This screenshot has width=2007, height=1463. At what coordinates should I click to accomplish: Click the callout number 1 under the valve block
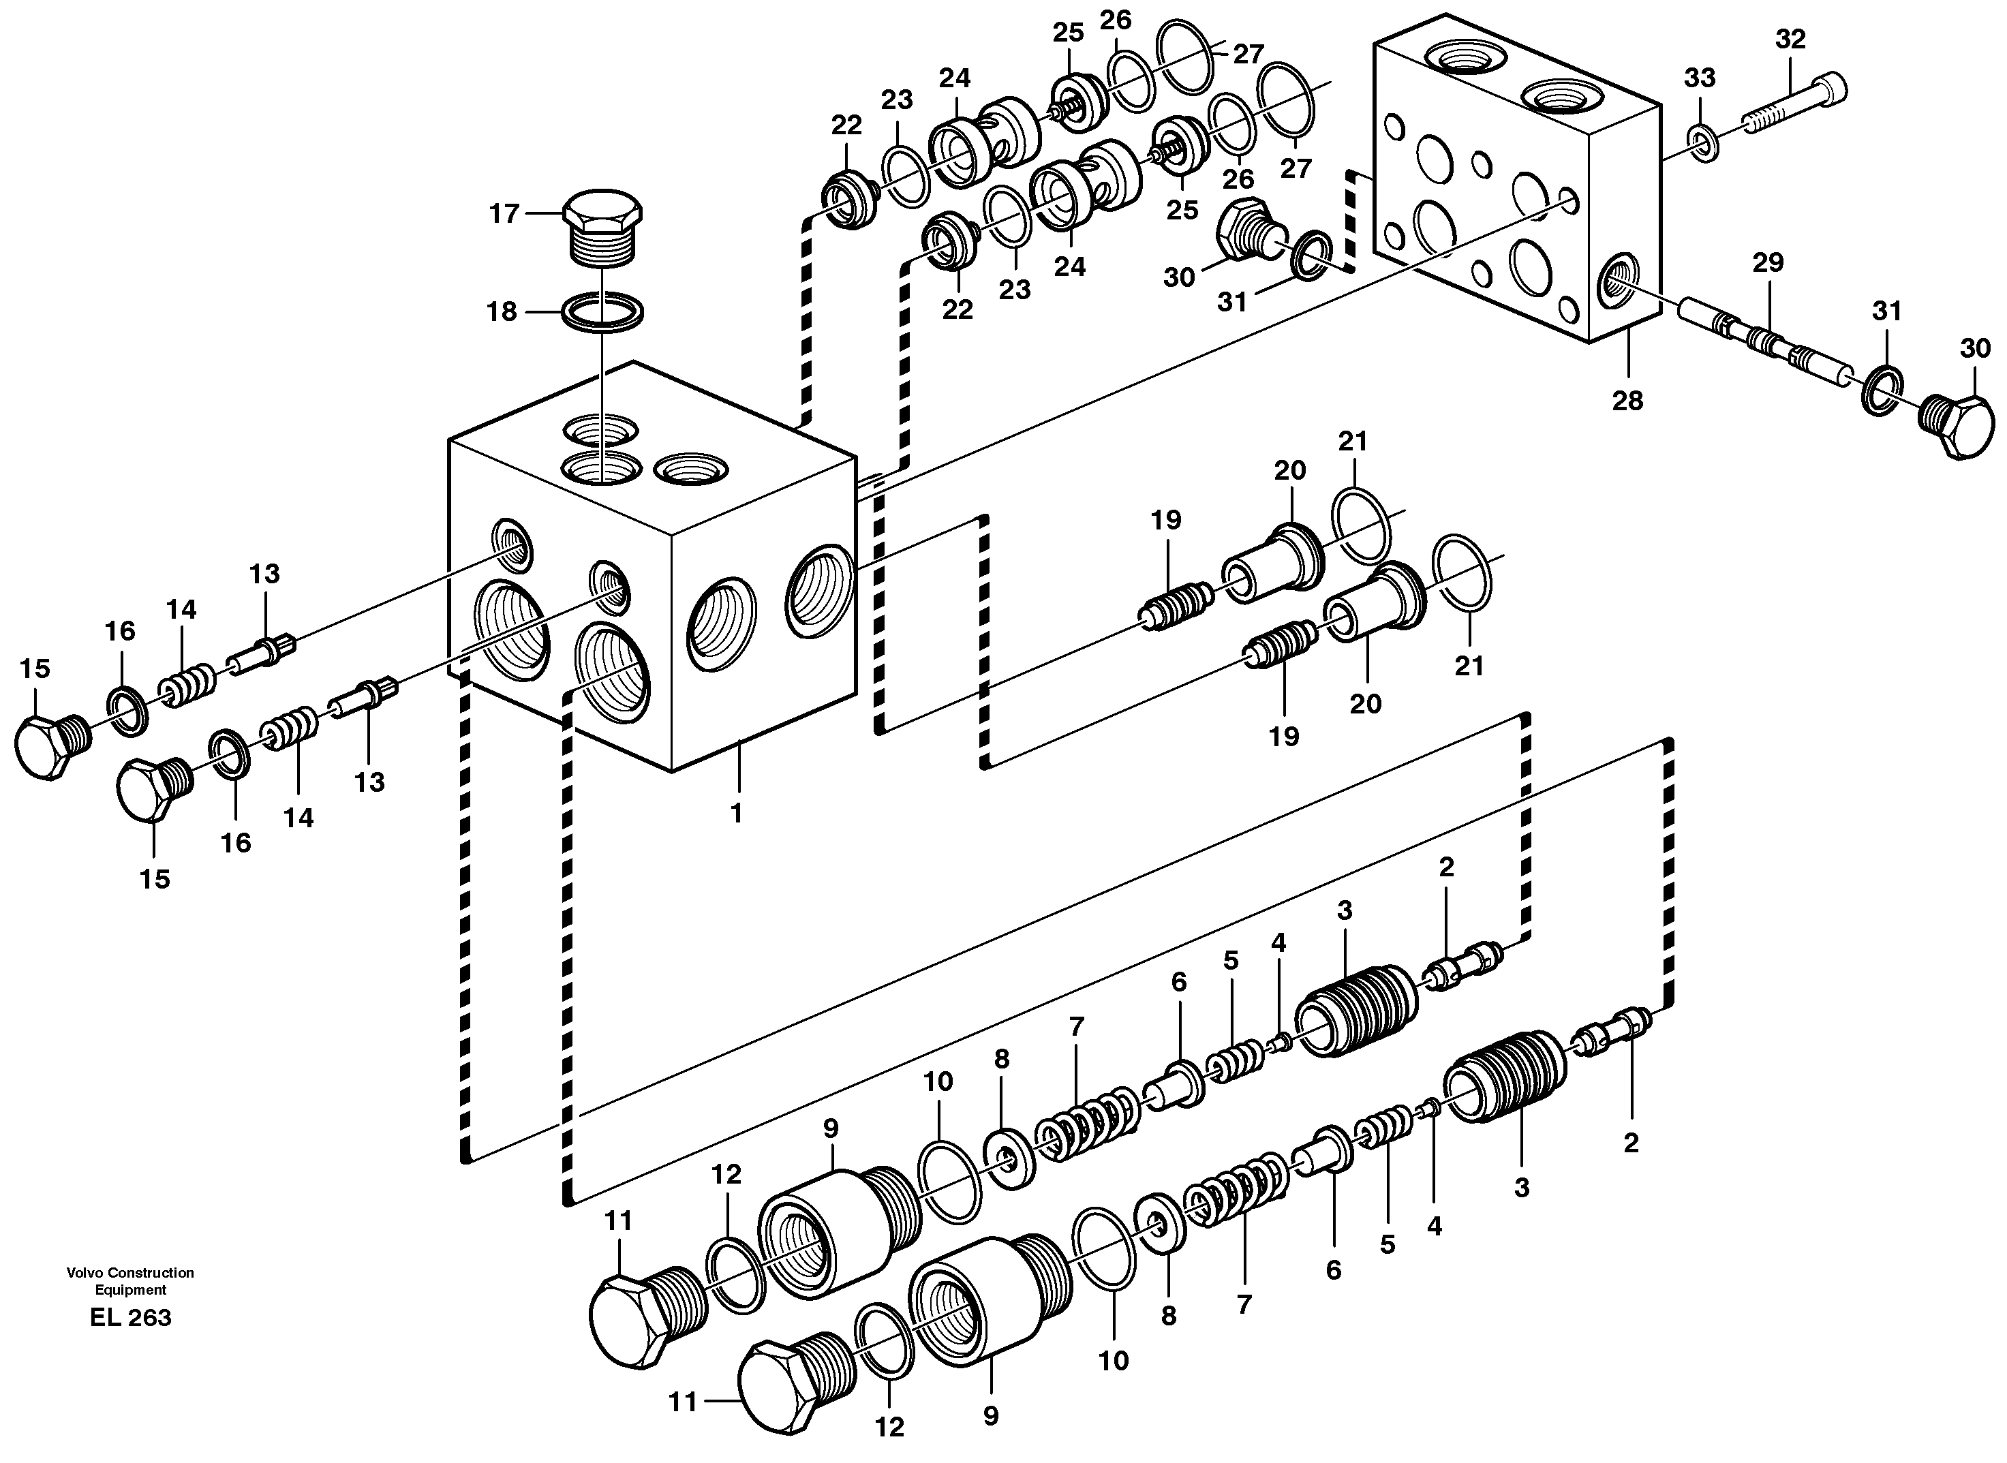[x=736, y=812]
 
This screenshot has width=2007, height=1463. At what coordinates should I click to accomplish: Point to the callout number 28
[x=1627, y=401]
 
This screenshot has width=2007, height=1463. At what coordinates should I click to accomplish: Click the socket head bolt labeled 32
[x=1794, y=104]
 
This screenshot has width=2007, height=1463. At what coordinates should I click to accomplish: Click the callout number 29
[x=1768, y=263]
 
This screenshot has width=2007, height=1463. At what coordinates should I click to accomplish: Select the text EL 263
[x=130, y=1318]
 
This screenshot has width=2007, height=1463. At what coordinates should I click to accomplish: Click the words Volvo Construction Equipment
[x=130, y=1280]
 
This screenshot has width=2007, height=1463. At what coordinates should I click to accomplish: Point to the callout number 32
[x=1790, y=39]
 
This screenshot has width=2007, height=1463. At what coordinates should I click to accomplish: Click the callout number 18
[x=502, y=311]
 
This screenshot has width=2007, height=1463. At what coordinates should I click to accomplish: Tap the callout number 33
[x=1700, y=78]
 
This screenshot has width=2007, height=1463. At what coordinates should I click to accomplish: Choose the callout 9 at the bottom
[x=990, y=1416]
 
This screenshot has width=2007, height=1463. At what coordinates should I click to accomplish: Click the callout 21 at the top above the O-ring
[x=1353, y=441]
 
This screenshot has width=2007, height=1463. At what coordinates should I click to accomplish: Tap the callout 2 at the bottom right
[x=1631, y=1143]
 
